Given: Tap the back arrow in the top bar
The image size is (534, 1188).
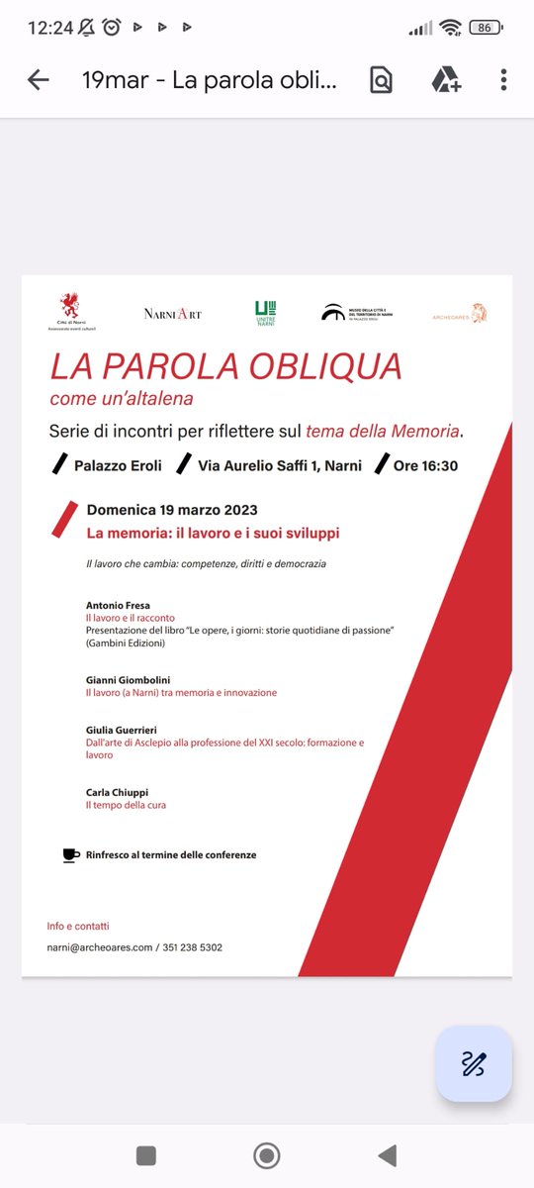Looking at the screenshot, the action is pyautogui.click(x=39, y=80).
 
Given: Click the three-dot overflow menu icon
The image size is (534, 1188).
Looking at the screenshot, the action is pyautogui.click(x=503, y=80).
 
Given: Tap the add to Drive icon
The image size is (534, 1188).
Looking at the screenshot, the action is pyautogui.click(x=446, y=80).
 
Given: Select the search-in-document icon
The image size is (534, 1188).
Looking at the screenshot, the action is pyautogui.click(x=381, y=80).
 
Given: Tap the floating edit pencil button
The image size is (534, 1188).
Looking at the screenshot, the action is pyautogui.click(x=474, y=1063).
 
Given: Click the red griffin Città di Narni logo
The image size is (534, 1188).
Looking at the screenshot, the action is pyautogui.click(x=68, y=310).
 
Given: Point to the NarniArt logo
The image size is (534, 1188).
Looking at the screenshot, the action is pyautogui.click(x=172, y=314).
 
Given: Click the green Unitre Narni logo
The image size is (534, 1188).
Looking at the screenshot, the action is pyautogui.click(x=265, y=313).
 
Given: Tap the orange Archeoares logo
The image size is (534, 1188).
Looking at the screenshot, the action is pyautogui.click(x=460, y=315).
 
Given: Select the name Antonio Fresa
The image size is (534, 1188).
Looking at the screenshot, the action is pyautogui.click(x=118, y=605).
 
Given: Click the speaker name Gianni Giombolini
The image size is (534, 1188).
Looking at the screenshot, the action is pyautogui.click(x=129, y=679).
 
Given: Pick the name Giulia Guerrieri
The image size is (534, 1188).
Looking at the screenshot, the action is pyautogui.click(x=122, y=730).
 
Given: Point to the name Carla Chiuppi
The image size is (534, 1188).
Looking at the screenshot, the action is pyautogui.click(x=117, y=792).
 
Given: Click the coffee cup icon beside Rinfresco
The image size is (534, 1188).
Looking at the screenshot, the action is pyautogui.click(x=71, y=854).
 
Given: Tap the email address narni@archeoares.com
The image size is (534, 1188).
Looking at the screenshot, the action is pyautogui.click(x=100, y=947).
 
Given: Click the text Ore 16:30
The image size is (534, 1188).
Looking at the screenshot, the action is pyautogui.click(x=425, y=465).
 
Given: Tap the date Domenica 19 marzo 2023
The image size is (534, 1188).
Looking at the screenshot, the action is pyautogui.click(x=172, y=511).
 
